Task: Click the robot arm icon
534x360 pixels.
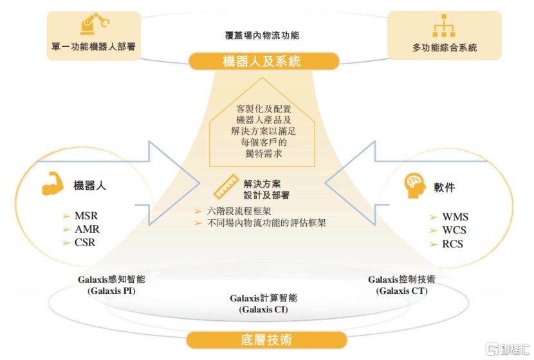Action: coord(95,24)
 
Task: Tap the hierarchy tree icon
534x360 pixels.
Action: coord(444,26)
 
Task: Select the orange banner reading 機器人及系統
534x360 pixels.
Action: coord(264,61)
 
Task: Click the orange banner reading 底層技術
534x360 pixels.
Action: coord(266,339)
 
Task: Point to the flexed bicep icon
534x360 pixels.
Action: coord(53,183)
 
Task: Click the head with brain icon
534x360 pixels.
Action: coord(415,185)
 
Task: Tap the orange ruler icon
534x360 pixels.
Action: coord(226,186)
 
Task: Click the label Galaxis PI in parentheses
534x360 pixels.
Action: coord(111,291)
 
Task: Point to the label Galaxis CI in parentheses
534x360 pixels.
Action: coord(263,310)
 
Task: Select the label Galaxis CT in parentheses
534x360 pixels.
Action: coord(402,291)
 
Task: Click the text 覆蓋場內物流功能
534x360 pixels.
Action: coord(262,35)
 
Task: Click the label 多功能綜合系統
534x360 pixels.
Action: coord(445,48)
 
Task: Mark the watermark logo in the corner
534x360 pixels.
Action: coord(508,349)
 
